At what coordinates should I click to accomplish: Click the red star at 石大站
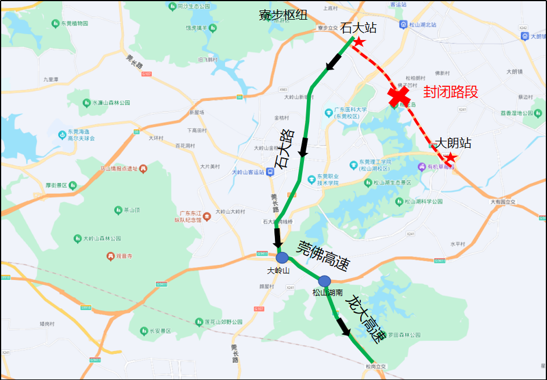click(x=359, y=42)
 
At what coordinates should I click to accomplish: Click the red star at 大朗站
click(x=449, y=158)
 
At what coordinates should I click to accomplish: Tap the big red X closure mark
click(x=400, y=96)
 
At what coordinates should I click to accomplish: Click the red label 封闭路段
click(x=451, y=92)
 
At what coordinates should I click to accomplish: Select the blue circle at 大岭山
click(x=282, y=258)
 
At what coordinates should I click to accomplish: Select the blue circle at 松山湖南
click(x=324, y=281)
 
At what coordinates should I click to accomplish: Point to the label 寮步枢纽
click(x=283, y=16)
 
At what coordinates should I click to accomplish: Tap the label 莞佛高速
click(x=323, y=255)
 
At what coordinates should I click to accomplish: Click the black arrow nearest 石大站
click(x=334, y=61)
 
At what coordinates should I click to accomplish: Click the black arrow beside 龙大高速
click(x=343, y=326)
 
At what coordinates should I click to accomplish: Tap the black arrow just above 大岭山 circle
click(x=277, y=237)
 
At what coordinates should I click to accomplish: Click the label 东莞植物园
click(x=74, y=24)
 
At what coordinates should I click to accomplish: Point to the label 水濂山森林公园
click(x=106, y=102)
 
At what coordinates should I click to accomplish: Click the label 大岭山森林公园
click(x=102, y=238)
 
